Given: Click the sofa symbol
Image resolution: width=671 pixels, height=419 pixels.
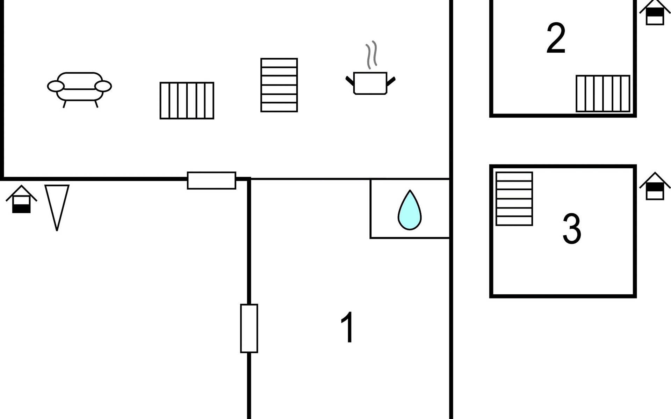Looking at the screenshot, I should [79, 87].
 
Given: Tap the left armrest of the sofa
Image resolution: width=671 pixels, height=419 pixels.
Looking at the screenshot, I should [56, 86].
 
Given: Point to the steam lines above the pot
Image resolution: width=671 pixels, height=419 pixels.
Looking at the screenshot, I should [371, 54].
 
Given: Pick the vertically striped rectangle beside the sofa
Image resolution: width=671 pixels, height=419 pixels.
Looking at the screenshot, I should [187, 101].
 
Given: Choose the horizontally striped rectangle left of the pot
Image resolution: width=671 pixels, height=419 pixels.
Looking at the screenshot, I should [279, 85].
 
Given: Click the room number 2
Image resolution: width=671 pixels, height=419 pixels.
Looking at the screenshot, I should [556, 38].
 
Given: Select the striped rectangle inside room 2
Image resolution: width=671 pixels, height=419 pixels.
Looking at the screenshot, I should [603, 94].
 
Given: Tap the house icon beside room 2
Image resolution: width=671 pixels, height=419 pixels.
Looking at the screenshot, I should [655, 13].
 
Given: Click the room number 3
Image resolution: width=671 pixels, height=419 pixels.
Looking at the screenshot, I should [572, 229].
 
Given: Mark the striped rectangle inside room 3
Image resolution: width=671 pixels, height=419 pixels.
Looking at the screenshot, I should [514, 199].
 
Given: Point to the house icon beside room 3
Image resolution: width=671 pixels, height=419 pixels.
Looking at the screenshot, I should [655, 187].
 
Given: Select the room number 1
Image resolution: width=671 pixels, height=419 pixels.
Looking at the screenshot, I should [348, 327].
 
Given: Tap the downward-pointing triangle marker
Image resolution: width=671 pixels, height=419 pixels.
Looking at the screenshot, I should [57, 204].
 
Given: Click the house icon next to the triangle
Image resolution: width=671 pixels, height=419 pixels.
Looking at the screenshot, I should [21, 200].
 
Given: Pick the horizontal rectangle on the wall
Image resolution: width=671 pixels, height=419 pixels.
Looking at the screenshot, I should [211, 181].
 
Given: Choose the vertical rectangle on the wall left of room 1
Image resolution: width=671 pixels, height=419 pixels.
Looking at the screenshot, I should [249, 328].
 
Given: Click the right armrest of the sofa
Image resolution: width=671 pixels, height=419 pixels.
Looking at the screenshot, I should [103, 86].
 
